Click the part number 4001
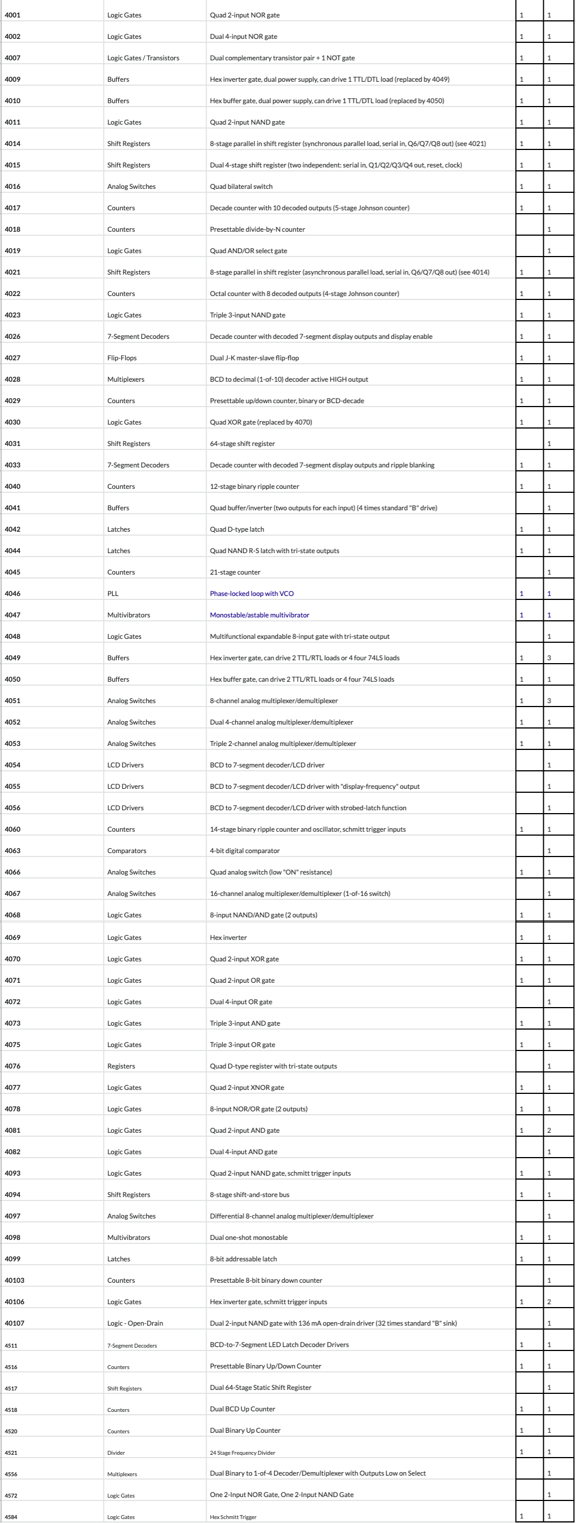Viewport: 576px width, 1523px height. tap(12, 15)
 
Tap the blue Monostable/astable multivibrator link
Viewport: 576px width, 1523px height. tap(259, 615)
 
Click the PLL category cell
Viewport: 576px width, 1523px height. tap(113, 594)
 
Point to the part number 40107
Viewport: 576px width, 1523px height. tap(15, 1323)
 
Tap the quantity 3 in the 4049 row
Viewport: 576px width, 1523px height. tap(549, 658)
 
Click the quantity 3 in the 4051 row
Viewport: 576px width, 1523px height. tap(549, 701)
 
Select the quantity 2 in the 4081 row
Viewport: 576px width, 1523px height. tap(549, 1131)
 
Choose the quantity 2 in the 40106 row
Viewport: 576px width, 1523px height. tap(549, 1302)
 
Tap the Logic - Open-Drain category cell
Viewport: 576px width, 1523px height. tap(135, 1323)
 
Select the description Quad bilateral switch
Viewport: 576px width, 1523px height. tap(241, 187)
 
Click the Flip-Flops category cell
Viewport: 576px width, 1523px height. tap(121, 357)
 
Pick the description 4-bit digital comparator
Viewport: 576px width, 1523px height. tap(245, 851)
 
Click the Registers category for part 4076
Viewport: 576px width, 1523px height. tap(121, 1066)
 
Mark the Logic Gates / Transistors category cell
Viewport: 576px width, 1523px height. tap(143, 58)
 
